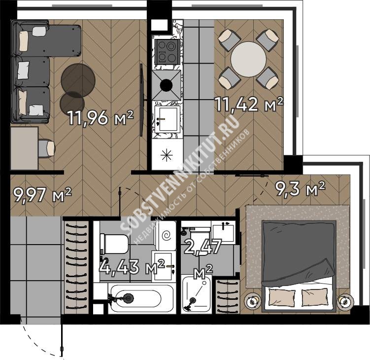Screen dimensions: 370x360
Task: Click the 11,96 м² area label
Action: pos(101,117)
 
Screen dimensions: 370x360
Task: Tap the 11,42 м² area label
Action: pos(248,104)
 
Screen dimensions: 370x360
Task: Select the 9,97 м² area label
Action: pos(42,195)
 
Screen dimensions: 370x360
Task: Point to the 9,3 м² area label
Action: pos(300,189)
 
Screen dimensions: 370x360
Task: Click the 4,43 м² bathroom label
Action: pos(132,267)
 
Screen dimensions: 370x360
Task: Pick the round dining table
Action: pos(248,59)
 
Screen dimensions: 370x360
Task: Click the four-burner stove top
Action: pos(167,52)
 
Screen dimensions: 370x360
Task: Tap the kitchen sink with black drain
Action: pos(167,85)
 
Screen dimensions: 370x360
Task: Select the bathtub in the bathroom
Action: pos(135,298)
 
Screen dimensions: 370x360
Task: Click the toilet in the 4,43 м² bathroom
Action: pos(114,244)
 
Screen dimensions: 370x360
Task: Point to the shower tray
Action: pos(196,294)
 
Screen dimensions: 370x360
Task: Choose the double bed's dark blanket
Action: pos(299,253)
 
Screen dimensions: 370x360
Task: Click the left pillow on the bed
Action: pos(282,298)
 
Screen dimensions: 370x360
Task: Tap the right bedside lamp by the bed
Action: pos(345,302)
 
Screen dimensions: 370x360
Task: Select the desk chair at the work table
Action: pos(46,148)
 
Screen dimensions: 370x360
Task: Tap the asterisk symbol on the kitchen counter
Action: pos(167,155)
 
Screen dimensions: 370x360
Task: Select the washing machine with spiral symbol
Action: pos(166,236)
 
